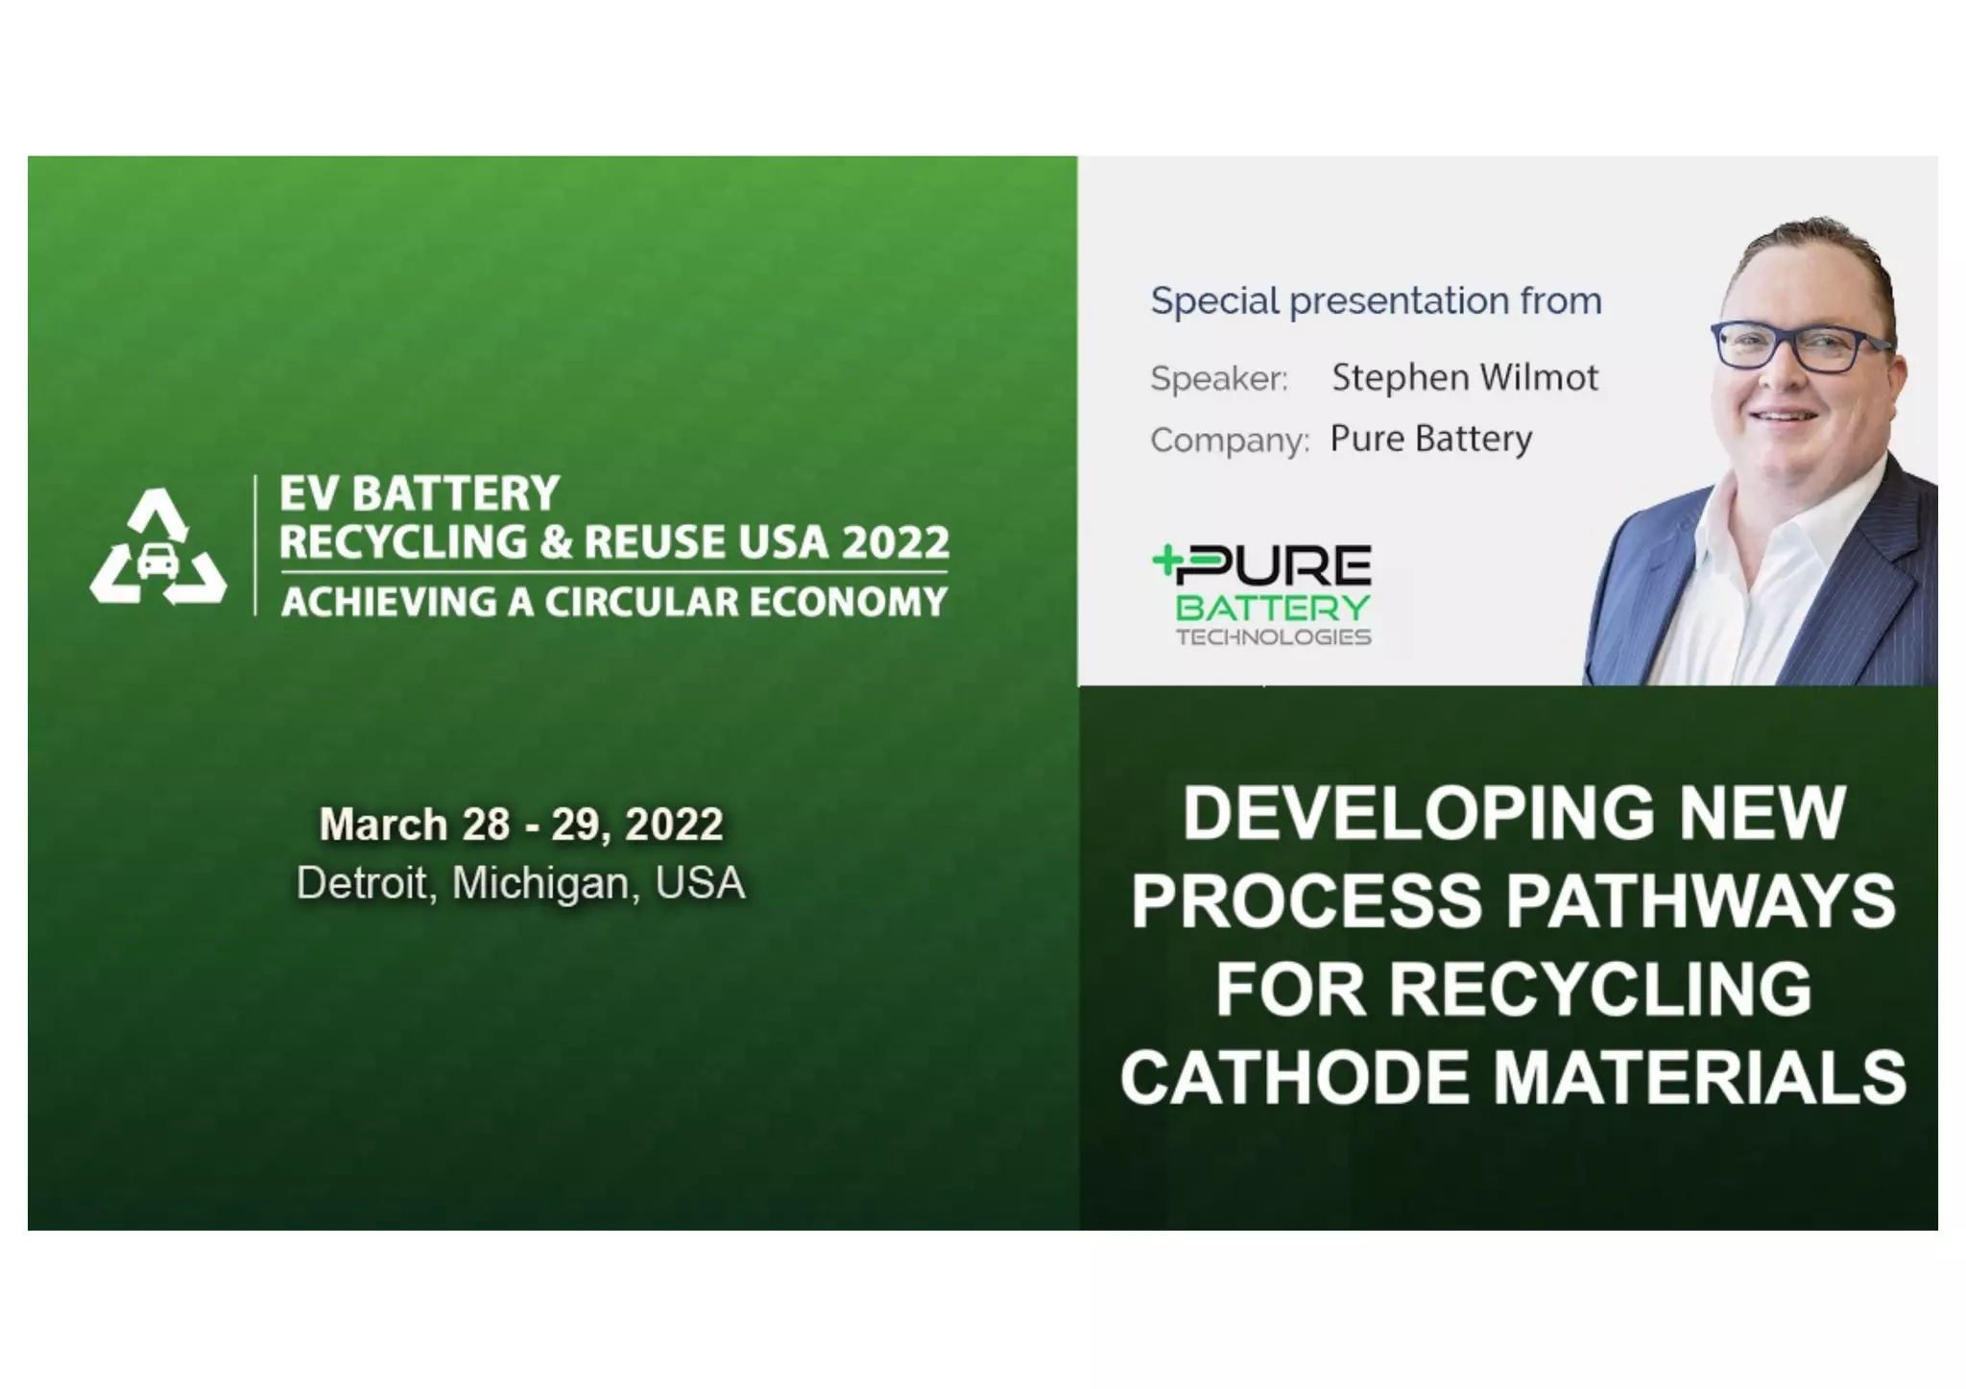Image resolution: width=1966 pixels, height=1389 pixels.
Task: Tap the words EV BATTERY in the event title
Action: [x=420, y=493]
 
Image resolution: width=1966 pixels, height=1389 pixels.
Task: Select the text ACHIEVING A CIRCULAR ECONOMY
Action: [x=614, y=602]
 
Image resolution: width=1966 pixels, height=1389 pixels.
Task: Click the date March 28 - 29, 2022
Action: [x=520, y=825]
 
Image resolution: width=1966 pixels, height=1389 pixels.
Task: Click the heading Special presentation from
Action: [x=1376, y=301]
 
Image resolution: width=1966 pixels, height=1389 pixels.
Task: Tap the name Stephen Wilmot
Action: [x=1464, y=377]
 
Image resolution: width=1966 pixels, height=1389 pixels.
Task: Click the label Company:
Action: [x=1230, y=441]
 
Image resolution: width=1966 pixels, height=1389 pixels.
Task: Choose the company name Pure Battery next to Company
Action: [x=1430, y=439]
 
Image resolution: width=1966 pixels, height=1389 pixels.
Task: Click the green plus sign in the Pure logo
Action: [x=1165, y=562]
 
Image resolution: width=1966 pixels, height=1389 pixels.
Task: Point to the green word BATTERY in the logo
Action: [x=1273, y=608]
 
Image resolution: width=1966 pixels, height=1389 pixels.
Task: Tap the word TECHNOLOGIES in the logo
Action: [x=1273, y=636]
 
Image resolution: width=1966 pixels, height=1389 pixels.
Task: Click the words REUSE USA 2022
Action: [x=767, y=542]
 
